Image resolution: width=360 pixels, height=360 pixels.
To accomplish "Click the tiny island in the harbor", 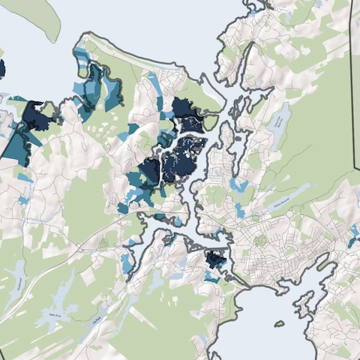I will (x=279, y=325).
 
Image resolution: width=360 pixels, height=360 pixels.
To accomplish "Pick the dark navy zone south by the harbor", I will (x=216, y=260).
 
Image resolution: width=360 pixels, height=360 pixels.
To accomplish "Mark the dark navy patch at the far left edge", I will (x=1, y=70).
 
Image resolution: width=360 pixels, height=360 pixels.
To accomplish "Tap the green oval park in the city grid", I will (x=260, y=241).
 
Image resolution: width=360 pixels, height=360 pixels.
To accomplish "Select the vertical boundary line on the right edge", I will (x=353, y=90).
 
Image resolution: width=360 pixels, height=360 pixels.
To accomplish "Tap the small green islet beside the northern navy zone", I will (x=211, y=121).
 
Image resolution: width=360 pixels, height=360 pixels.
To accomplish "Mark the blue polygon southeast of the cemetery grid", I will (x=125, y=262).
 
